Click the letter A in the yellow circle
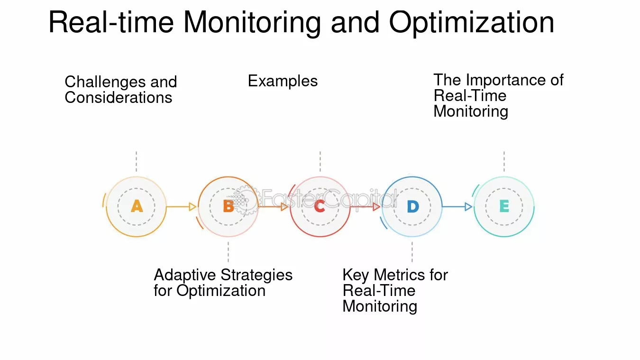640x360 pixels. click(137, 206)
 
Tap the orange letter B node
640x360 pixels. click(228, 206)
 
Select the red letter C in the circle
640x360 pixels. click(320, 206)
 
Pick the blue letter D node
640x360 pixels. click(412, 207)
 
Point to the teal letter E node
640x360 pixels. click(504, 206)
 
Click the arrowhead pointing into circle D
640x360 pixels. click(377, 206)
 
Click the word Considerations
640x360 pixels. click(118, 98)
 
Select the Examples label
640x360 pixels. click(283, 81)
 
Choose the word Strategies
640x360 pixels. click(256, 275)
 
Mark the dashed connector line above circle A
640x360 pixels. click(137, 162)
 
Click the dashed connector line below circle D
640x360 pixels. click(412, 252)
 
